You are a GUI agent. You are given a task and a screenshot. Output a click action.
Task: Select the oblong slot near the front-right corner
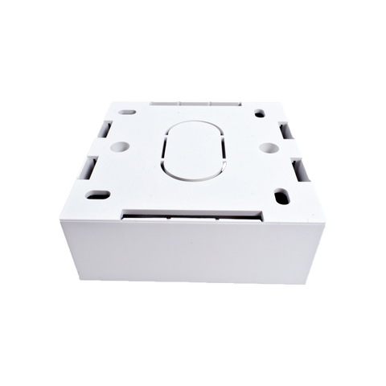pyautogui.click(x=283, y=195)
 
